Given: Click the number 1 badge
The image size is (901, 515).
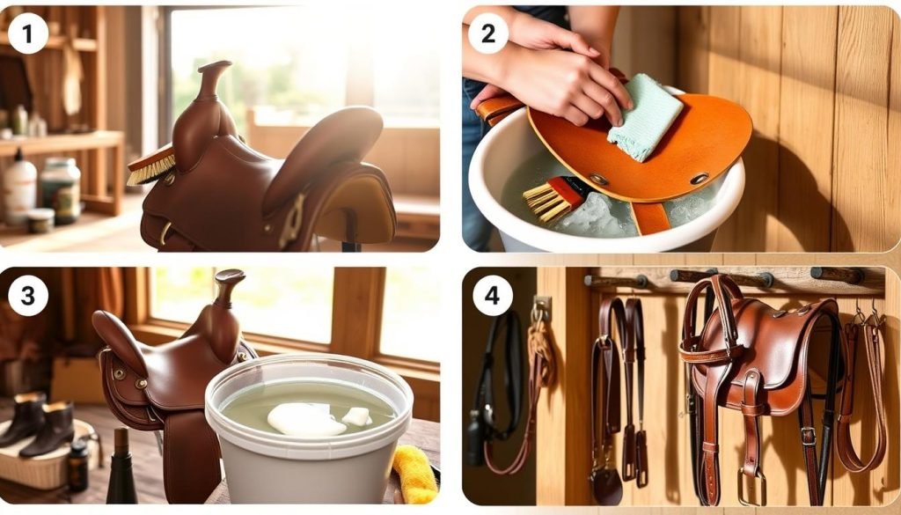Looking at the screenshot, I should pos(28,34).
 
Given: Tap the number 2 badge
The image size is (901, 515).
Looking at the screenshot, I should pos(488,34).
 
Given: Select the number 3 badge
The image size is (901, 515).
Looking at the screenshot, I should pos(28,296).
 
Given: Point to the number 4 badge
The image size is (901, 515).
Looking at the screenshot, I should pos(492,296).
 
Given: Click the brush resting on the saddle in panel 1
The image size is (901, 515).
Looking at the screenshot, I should pos(151,167).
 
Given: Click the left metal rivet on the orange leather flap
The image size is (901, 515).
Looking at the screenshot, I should pos(598,179).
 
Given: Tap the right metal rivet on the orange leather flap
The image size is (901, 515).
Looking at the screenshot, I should pos(700,178).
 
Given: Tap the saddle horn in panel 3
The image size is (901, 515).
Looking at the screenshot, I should pos(229,286).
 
